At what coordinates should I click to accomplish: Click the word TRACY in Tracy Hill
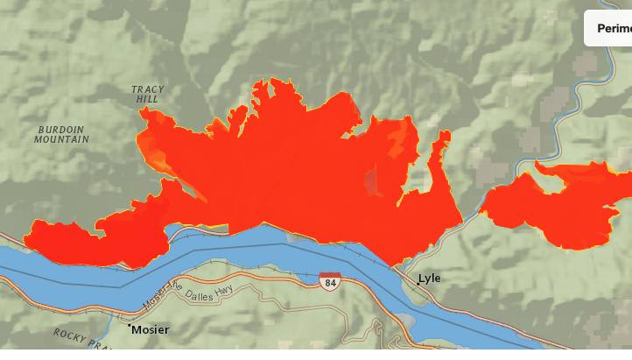148,89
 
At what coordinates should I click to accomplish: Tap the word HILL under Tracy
147,100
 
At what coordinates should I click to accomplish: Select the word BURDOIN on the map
62,129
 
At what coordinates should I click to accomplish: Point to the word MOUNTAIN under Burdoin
62,139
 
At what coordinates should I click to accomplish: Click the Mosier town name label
151,330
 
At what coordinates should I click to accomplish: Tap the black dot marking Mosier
130,328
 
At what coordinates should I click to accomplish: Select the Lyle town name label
430,279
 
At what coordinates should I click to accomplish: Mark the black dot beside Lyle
418,283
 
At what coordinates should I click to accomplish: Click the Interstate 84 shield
330,282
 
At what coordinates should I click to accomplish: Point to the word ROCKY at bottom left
71,335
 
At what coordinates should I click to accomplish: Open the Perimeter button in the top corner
613,28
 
